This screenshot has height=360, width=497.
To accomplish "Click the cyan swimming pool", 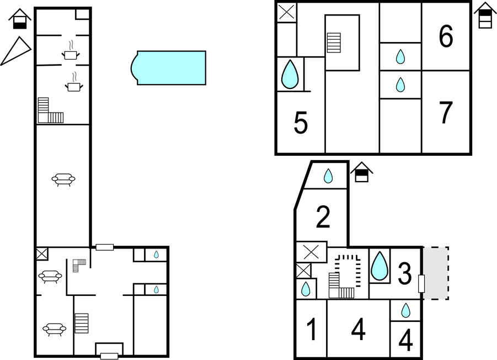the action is pos(169,68).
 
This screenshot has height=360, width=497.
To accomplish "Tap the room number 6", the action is pos(446,36).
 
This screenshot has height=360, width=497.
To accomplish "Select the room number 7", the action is pos(446,112).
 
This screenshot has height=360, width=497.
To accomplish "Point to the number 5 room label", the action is pos(301,123).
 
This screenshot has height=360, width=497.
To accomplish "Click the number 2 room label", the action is pos(323,217).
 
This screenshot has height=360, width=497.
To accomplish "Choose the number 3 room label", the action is pos(404,273).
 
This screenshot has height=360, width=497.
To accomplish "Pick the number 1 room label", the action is pos(312,329).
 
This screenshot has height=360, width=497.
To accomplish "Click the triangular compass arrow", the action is pos(17,50).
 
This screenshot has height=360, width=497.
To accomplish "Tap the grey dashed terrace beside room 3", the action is pos(436,273).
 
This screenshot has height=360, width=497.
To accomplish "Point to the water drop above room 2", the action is pos(328,176).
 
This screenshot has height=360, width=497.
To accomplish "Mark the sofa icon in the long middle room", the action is pos(63,179).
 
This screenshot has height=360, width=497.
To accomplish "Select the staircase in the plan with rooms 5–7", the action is pos(334,43).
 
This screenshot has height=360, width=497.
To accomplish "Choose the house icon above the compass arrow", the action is pos(20,19).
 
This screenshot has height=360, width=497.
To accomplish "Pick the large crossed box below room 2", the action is pos(311,252).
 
